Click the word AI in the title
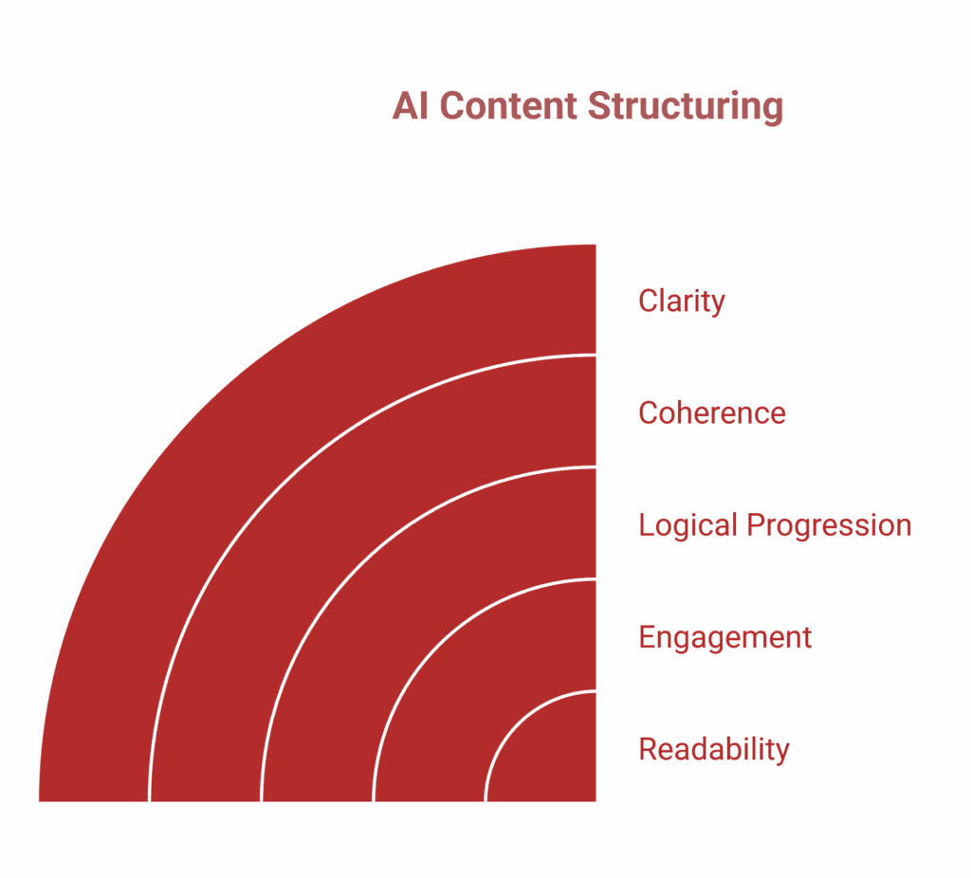(x=412, y=106)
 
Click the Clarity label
(x=681, y=301)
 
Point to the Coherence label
(x=711, y=412)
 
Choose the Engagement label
(x=724, y=636)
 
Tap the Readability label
(x=713, y=749)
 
